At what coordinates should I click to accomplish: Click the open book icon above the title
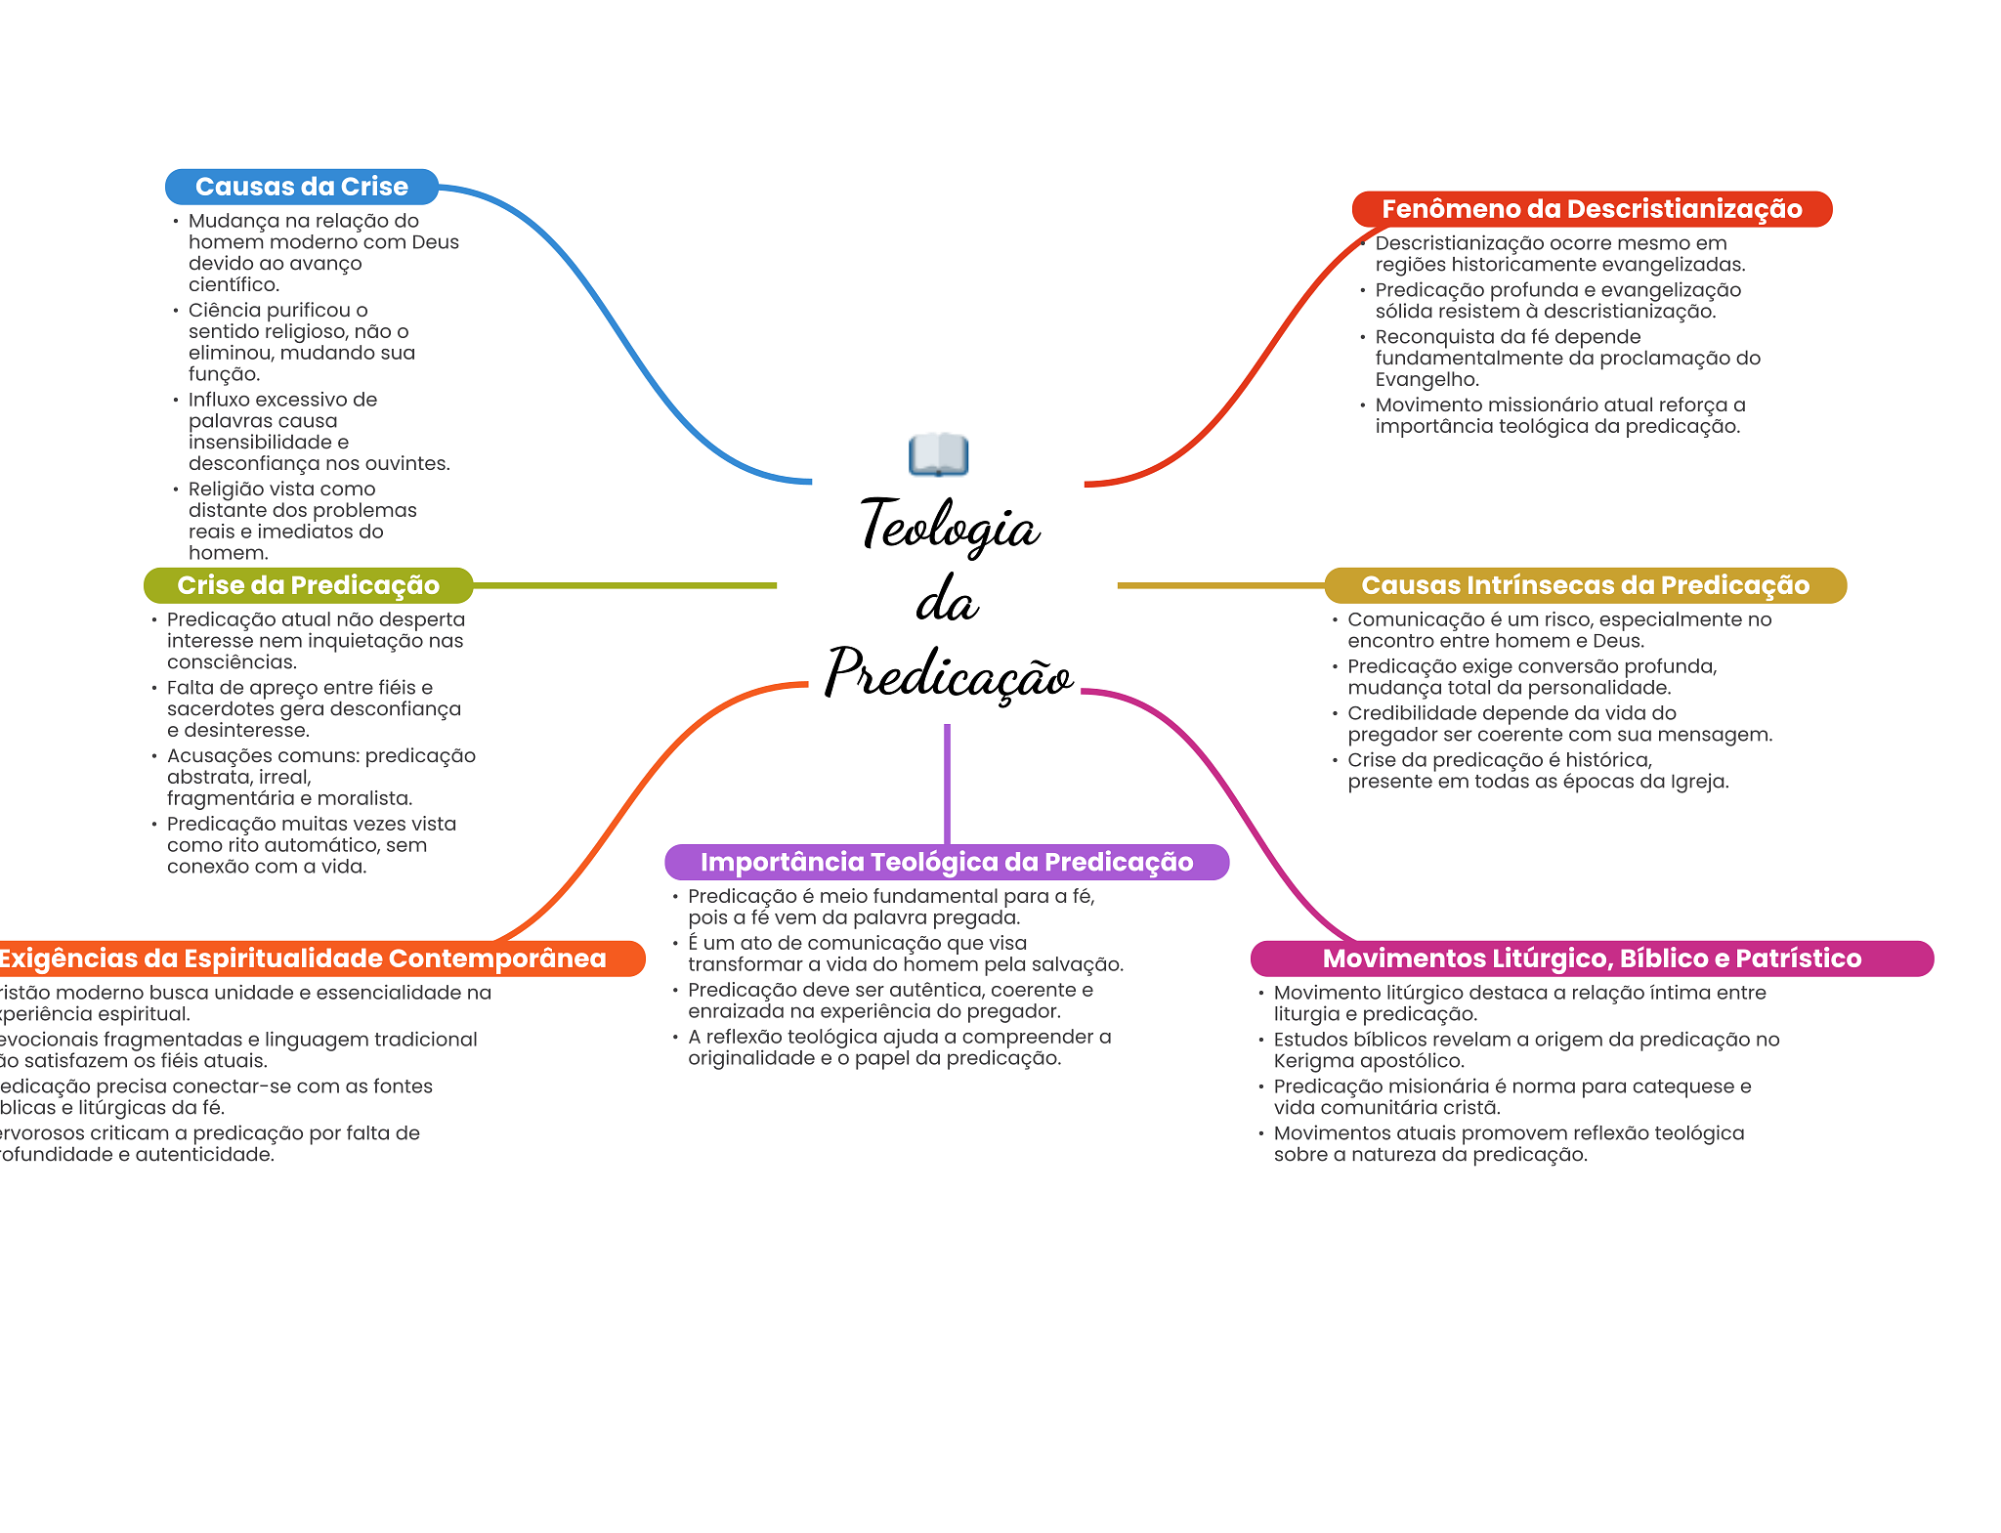pyautogui.click(x=938, y=454)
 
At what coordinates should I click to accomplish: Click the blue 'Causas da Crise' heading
pyautogui.click(x=301, y=187)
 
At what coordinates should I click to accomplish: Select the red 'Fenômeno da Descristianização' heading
pyautogui.click(x=1591, y=209)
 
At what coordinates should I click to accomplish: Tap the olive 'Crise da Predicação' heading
pyautogui.click(x=308, y=585)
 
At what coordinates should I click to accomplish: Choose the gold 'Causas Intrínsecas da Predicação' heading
pyautogui.click(x=1585, y=585)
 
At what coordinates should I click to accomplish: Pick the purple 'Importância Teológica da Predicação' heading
pyautogui.click(x=946, y=862)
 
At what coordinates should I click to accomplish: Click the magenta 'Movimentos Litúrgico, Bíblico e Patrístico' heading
pyautogui.click(x=1591, y=958)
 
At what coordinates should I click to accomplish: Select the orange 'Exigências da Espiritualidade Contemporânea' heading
pyautogui.click(x=303, y=958)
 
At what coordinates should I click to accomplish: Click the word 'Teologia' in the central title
pyautogui.click(x=950, y=526)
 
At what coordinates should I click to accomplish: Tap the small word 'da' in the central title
pyautogui.click(x=947, y=600)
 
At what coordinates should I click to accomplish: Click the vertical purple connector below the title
pyautogui.click(x=947, y=782)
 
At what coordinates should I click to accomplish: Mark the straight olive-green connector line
pyautogui.click(x=625, y=585)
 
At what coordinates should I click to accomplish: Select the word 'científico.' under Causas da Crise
pyautogui.click(x=234, y=285)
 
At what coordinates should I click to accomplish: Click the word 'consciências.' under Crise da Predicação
pyautogui.click(x=232, y=662)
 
